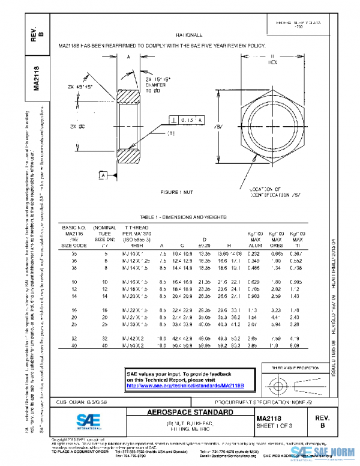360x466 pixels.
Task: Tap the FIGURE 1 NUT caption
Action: (179, 192)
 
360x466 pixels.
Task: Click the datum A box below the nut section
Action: (103, 175)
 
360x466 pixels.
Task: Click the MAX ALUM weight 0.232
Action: (253, 255)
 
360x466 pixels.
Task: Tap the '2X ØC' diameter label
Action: (77, 127)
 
